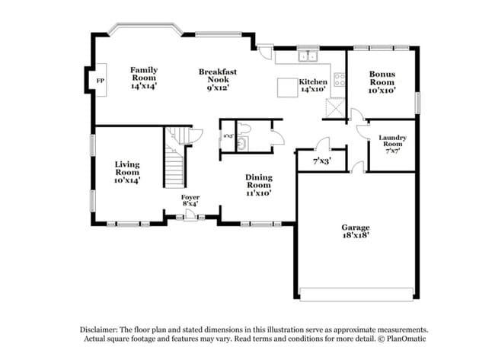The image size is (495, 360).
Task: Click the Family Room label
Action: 143,78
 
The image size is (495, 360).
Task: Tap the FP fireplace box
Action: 100,79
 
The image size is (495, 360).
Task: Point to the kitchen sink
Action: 308,56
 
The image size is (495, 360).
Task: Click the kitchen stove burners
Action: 340,80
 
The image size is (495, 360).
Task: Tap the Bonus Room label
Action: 382,82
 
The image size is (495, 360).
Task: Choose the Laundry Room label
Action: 392,144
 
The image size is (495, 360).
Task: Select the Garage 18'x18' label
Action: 356,231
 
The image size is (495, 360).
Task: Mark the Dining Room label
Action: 259,185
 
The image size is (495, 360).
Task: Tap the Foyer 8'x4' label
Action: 190,201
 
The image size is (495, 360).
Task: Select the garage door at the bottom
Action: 356,294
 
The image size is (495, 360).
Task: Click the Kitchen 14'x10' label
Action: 312,85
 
